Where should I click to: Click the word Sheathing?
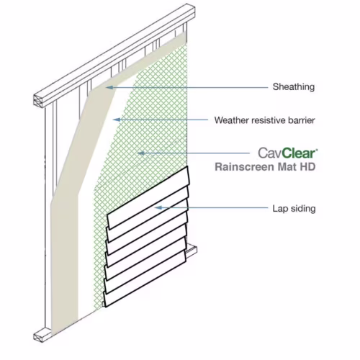click(294, 87)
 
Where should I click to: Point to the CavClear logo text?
click(288, 153)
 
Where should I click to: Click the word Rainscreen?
click(242, 167)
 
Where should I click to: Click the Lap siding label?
click(294, 209)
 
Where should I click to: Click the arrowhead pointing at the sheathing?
click(109, 87)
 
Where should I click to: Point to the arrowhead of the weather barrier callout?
click(117, 120)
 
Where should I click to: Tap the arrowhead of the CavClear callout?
click(141, 153)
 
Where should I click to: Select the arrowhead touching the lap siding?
click(158, 207)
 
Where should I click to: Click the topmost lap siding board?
click(148, 197)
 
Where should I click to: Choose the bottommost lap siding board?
click(145, 279)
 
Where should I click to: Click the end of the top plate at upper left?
click(39, 102)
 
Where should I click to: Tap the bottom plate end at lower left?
click(39, 335)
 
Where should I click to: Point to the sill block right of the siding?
click(192, 251)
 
